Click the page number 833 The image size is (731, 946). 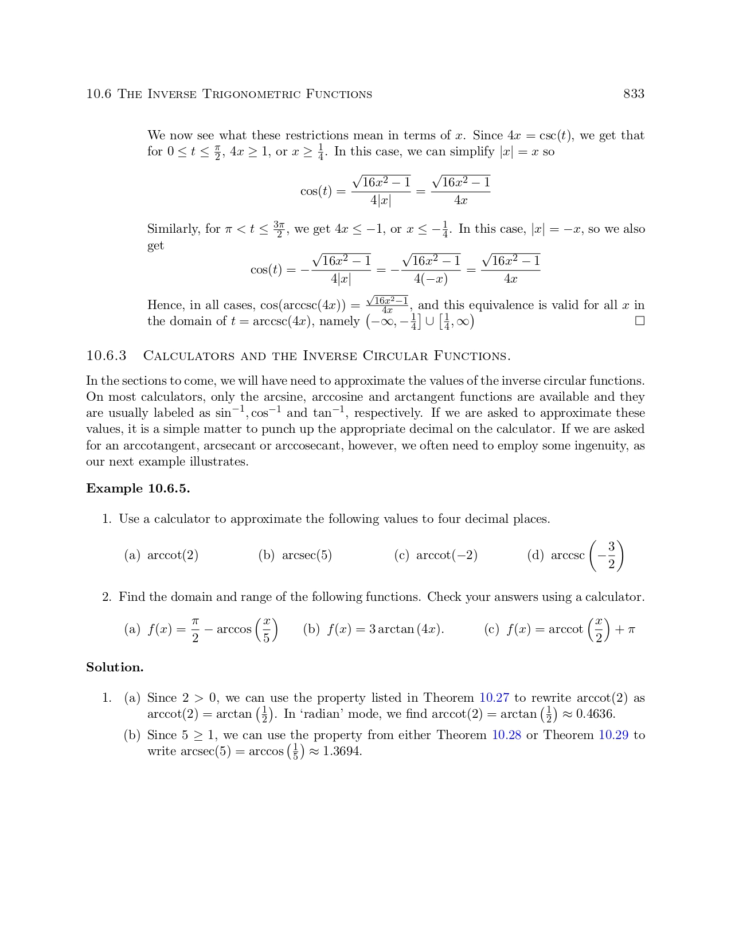click(634, 94)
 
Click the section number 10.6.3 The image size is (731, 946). click(106, 356)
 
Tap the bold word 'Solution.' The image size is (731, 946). click(115, 667)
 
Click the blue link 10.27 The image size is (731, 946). click(494, 698)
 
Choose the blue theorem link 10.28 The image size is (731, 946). click(507, 735)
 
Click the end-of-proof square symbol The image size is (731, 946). click(640, 321)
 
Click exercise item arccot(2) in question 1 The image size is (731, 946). click(173, 556)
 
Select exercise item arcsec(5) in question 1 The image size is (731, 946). click(307, 556)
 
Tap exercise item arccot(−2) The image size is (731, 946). click(447, 556)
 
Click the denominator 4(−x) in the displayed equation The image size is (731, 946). click(431, 279)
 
